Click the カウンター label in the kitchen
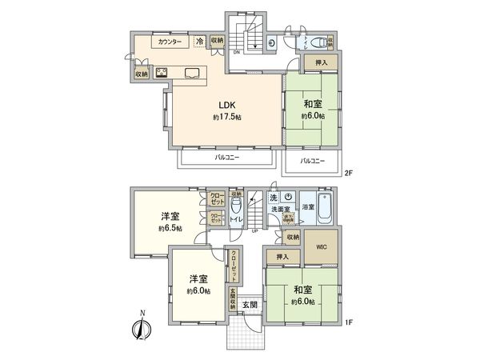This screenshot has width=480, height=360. [169, 42]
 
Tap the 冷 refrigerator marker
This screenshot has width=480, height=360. [199, 42]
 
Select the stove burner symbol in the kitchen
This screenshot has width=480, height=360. [162, 74]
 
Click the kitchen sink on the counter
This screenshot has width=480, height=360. [194, 74]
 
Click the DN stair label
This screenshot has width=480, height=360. [236, 54]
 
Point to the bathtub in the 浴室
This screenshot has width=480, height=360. [325, 204]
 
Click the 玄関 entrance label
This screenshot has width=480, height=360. [250, 303]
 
